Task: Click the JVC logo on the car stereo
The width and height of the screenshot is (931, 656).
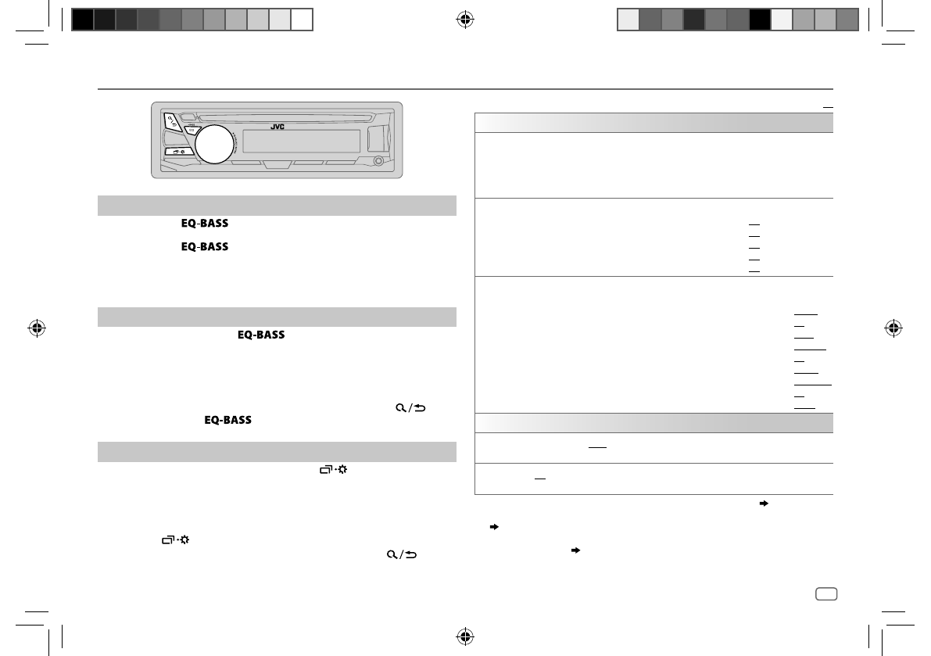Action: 278,127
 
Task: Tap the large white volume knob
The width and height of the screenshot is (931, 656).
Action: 214,145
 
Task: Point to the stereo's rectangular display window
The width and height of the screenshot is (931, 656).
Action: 301,142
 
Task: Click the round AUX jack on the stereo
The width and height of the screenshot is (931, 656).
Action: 378,161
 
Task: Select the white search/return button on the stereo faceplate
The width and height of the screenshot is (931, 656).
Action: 172,122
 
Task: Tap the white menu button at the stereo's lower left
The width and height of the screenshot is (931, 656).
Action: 179,152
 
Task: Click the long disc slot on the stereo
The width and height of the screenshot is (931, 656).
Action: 285,117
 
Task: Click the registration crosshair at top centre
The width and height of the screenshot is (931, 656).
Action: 466,20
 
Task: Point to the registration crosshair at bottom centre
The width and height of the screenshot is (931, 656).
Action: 466,636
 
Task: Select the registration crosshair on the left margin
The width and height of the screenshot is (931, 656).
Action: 37,328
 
